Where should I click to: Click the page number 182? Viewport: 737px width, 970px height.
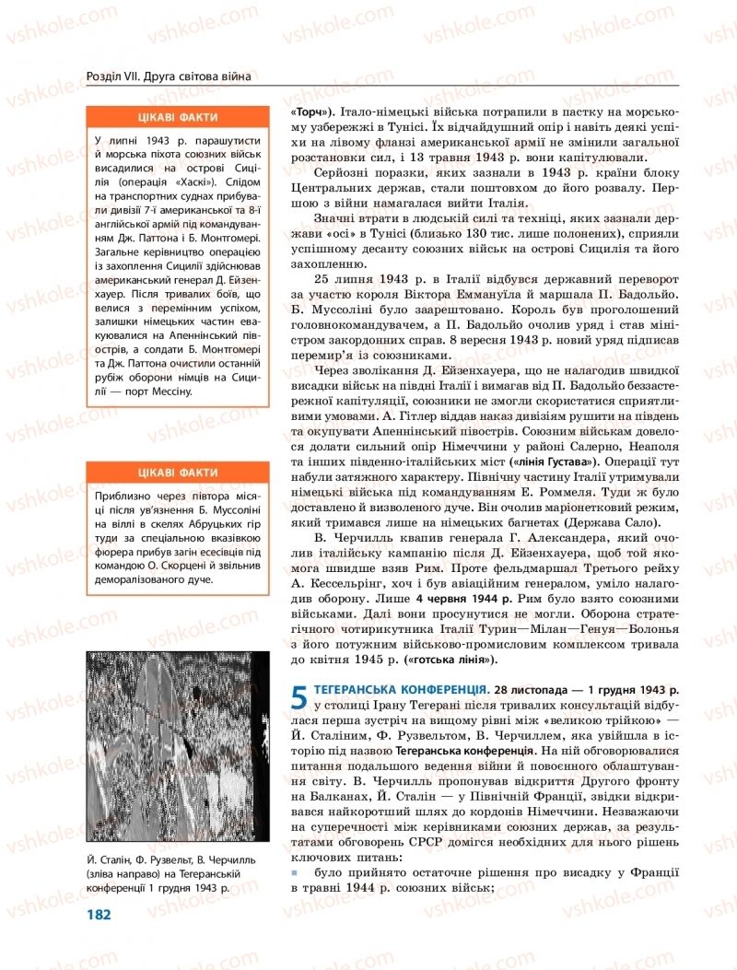pos(99,914)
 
